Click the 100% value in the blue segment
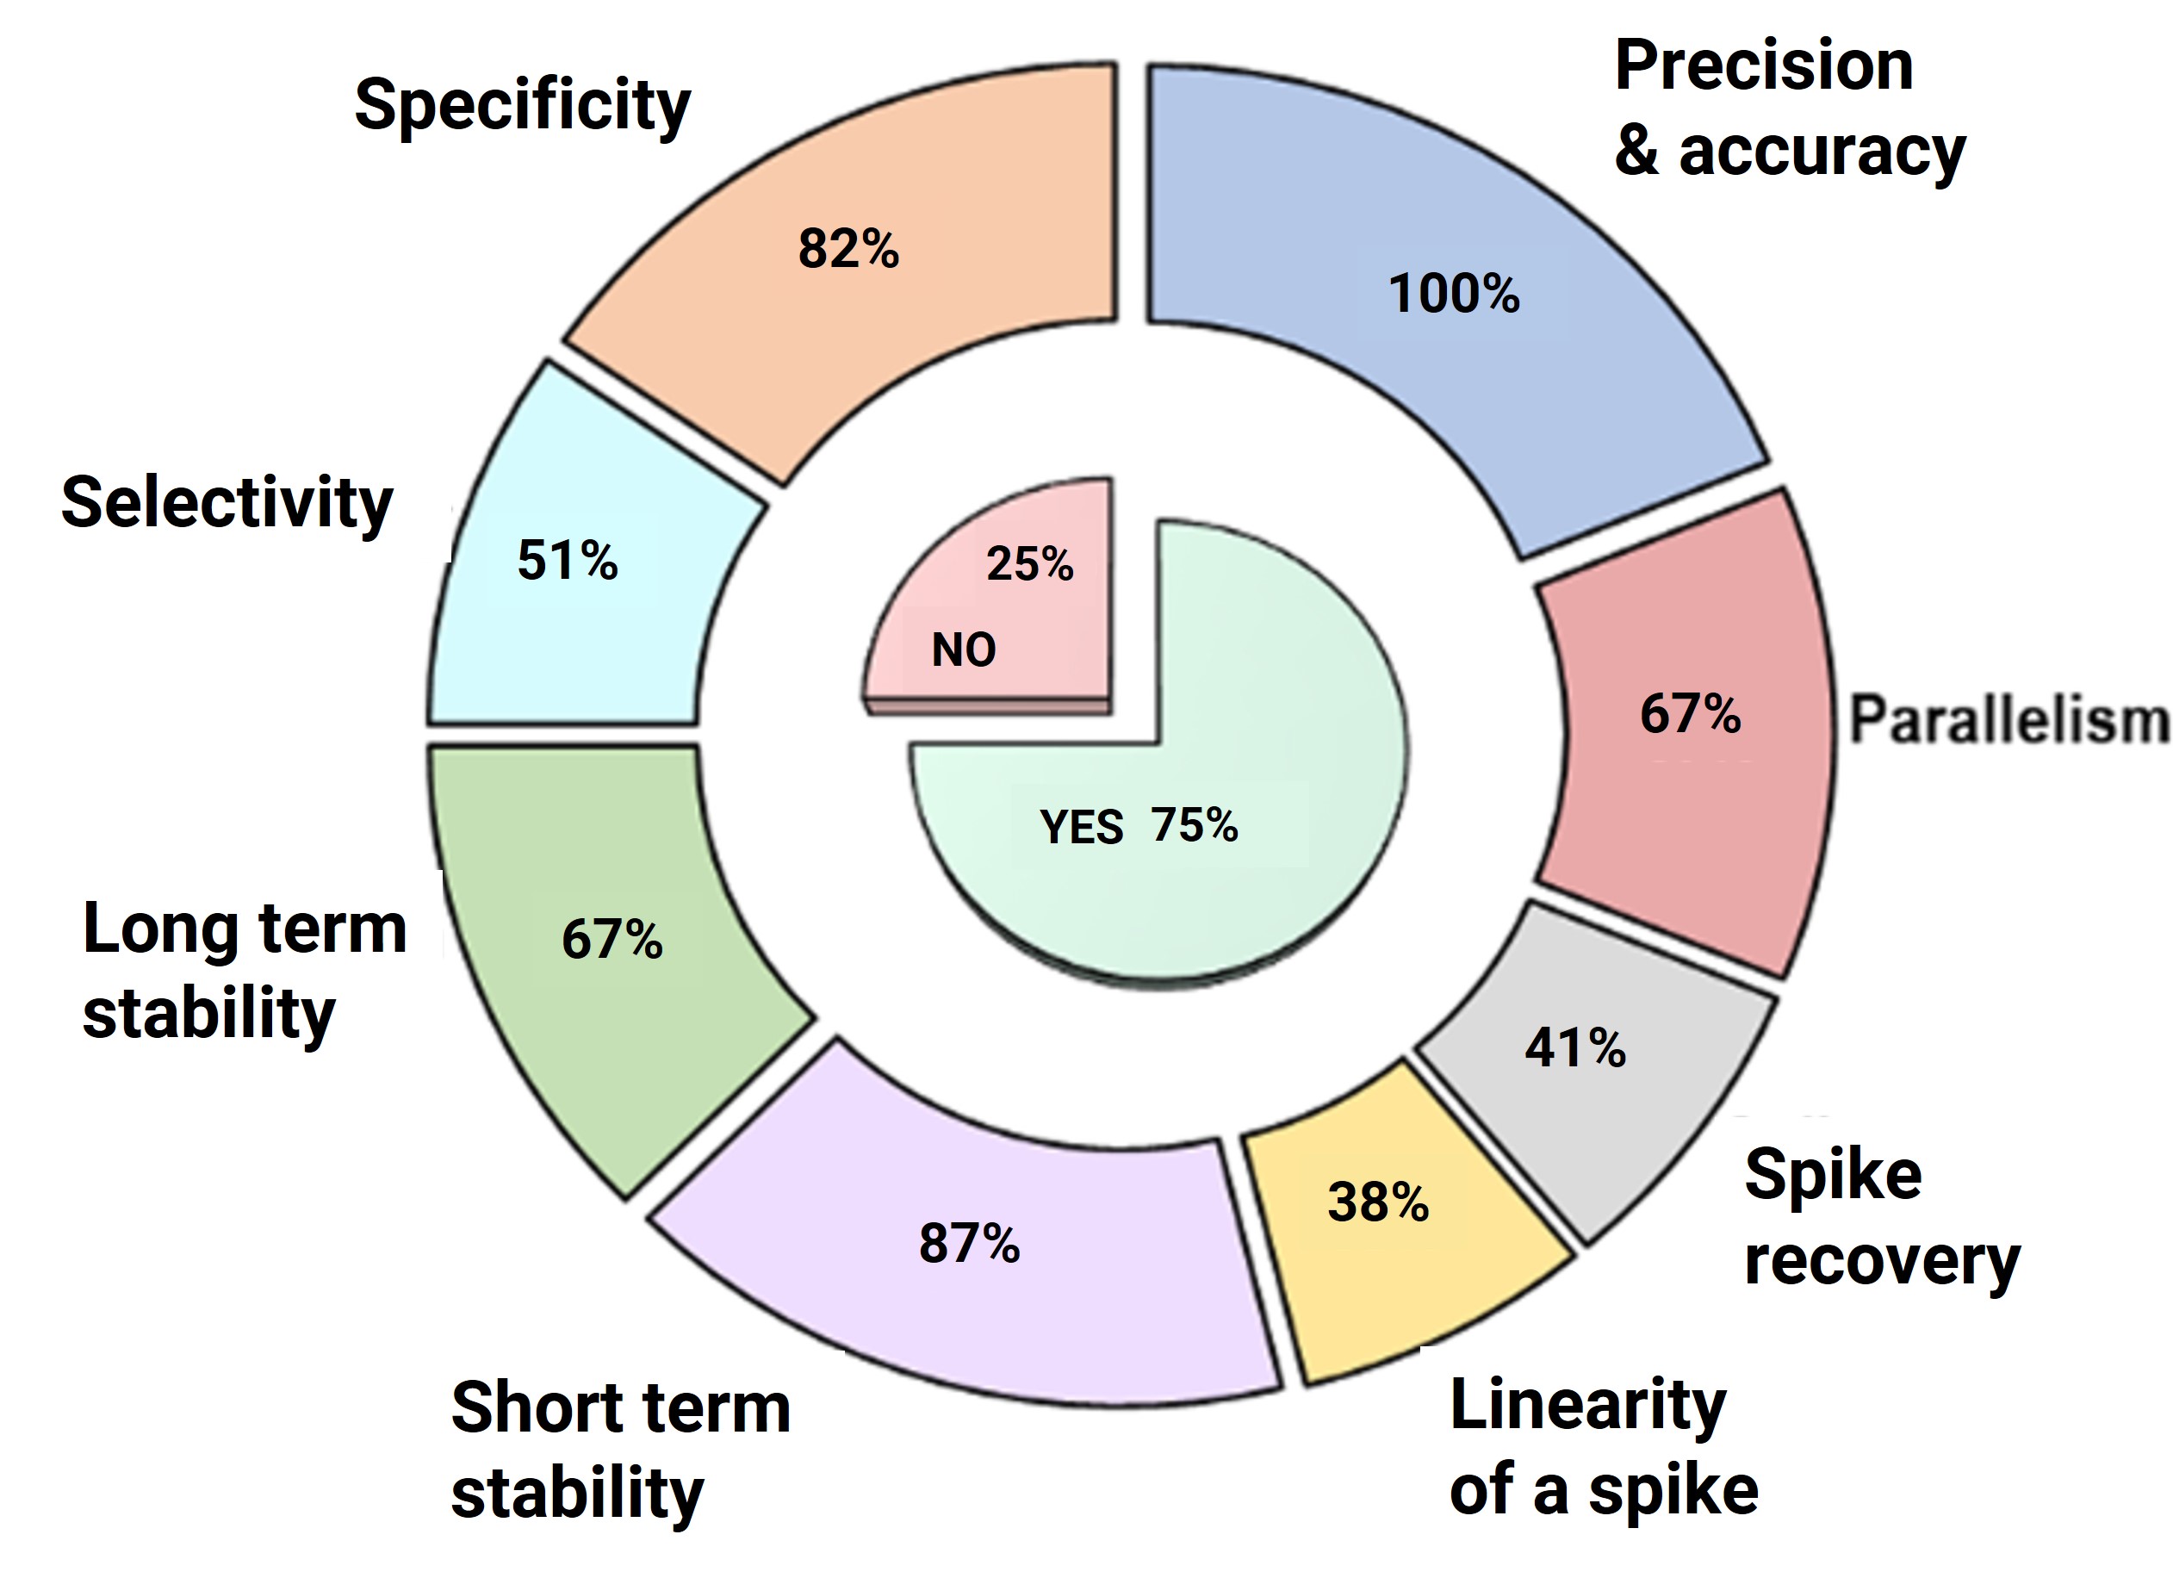pyautogui.click(x=1454, y=293)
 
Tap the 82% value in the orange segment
pyautogui.click(x=849, y=249)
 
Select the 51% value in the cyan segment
pyautogui.click(x=568, y=561)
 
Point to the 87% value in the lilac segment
pyautogui.click(x=969, y=1244)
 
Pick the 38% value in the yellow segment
pyautogui.click(x=1378, y=1202)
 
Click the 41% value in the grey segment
pyautogui.click(x=1575, y=1047)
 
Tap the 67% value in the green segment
pyautogui.click(x=612, y=939)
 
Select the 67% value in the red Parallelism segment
pyautogui.click(x=1690, y=714)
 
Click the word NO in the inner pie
pyautogui.click(x=964, y=650)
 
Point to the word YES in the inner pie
pyautogui.click(x=1082, y=827)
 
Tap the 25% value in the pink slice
pyautogui.click(x=1030, y=563)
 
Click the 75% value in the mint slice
pyautogui.click(x=1195, y=824)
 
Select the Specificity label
pyautogui.click(x=522, y=105)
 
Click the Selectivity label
pyautogui.click(x=227, y=503)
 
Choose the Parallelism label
pyautogui.click(x=2008, y=720)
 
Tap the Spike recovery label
pyautogui.click(x=1881, y=1217)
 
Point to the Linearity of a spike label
pyautogui.click(x=1603, y=1447)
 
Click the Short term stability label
pyautogui.click(x=620, y=1451)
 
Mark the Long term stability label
pyautogui.click(x=245, y=971)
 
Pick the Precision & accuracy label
pyautogui.click(x=1789, y=109)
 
